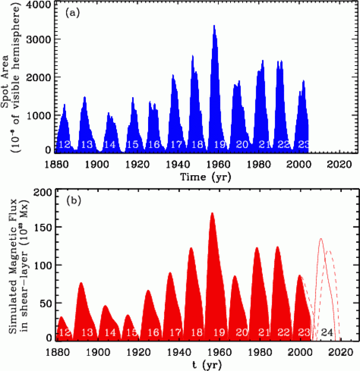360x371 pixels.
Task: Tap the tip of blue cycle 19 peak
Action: [x=214, y=26]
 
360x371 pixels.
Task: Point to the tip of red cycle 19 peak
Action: [x=212, y=213]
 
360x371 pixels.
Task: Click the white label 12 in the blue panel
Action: [x=64, y=145]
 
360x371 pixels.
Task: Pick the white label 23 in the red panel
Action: [x=304, y=333]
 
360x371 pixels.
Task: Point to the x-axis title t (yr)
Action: [x=204, y=366]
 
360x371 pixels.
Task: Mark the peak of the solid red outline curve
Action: [x=321, y=239]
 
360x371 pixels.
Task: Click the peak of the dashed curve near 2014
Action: [x=330, y=251]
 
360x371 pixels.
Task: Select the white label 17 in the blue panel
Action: [x=177, y=145]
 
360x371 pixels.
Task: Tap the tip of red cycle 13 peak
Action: [x=81, y=282]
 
